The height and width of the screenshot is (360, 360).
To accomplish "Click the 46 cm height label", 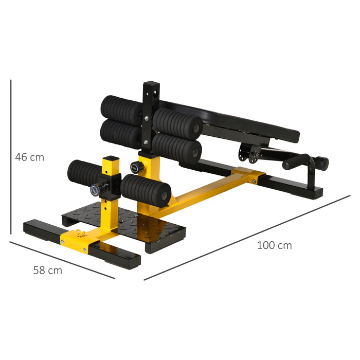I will point(30,157).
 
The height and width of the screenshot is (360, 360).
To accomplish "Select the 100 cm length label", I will point(274,245).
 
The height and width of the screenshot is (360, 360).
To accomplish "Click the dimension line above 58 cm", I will point(62,260).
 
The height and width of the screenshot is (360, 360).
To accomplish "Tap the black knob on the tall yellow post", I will point(136,167).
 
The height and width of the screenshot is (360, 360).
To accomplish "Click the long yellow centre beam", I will point(206,190).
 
